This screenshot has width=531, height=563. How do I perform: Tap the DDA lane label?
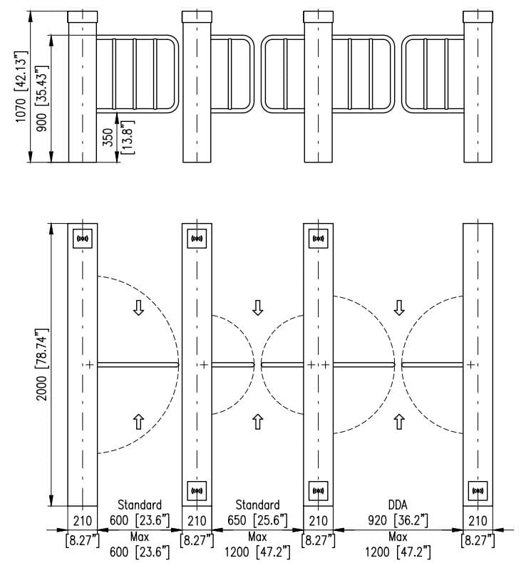pos(398,505)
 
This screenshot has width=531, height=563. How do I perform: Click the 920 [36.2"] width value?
pos(398,520)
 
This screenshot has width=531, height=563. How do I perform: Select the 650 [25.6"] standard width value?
pos(257,520)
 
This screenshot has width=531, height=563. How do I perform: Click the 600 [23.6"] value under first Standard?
pos(138,520)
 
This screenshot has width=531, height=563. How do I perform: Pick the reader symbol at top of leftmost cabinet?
pos(83,239)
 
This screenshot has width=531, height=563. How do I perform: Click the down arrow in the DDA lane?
pos(399,307)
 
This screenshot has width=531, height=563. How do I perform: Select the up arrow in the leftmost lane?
pos(138,421)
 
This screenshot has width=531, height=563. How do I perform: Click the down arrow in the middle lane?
pos(258,307)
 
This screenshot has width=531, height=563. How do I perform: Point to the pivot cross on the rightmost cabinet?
pos(470,365)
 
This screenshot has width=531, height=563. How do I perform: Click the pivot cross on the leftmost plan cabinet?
pos(90,365)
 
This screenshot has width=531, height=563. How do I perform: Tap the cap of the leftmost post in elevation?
pos(82,16)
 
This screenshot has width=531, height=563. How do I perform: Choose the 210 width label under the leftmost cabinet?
pos(83,520)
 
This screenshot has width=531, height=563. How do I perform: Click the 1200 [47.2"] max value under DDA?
pos(398,551)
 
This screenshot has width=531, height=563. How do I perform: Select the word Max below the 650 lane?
pos(257,536)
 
